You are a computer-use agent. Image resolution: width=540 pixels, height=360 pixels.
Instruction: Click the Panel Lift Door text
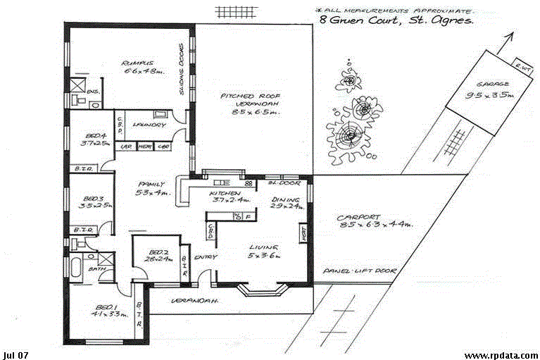coord(360,271)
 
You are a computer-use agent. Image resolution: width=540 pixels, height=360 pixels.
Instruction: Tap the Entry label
coord(206,256)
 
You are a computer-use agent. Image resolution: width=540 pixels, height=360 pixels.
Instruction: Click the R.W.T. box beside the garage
coord(522,67)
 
